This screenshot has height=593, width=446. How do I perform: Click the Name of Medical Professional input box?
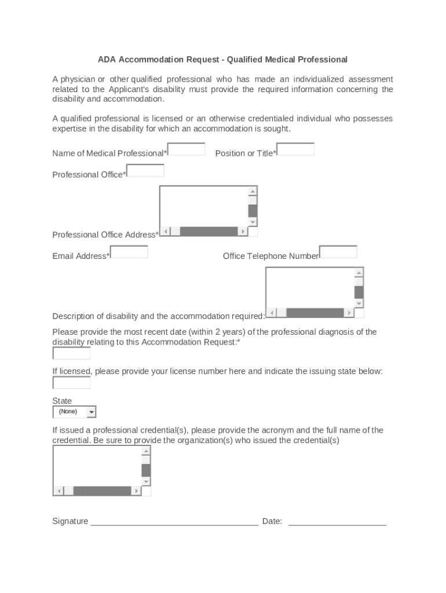tap(187, 149)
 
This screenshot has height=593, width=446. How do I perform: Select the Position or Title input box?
tap(295, 149)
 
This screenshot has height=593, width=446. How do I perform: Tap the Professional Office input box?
tap(145, 171)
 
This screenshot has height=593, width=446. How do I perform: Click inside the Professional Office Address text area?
tap(203, 206)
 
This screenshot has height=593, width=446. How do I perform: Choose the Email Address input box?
tap(129, 252)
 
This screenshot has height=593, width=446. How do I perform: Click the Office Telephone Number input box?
tap(338, 252)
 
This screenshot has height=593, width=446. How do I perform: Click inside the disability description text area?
tap(309, 287)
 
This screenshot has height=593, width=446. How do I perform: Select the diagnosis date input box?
tap(72, 353)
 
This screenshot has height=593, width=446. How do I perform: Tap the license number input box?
tap(72, 383)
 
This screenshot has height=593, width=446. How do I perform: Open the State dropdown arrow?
tap(91, 412)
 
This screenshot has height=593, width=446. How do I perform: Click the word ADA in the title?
tap(106, 60)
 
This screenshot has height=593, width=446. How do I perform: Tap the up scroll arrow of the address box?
tap(253, 192)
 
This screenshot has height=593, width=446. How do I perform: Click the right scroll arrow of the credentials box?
tap(136, 491)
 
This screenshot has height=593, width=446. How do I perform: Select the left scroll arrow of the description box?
tap(271, 313)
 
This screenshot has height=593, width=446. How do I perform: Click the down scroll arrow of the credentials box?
tap(146, 481)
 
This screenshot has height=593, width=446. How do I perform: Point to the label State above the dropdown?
tap(62, 401)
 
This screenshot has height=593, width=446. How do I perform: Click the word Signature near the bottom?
tap(70, 521)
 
